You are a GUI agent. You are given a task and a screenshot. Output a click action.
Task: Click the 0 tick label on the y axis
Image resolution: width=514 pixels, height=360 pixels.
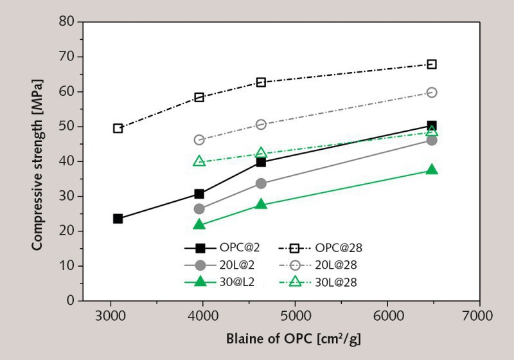(71, 300)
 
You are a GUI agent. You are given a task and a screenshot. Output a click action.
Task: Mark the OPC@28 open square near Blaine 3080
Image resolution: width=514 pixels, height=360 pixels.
(118, 128)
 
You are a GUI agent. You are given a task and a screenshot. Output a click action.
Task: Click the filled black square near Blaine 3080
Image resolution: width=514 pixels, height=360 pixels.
(118, 219)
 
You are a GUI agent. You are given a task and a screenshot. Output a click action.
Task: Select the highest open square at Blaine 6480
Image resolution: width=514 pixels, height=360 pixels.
(432, 64)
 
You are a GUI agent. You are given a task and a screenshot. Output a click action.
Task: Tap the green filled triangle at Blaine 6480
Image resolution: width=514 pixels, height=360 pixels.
(432, 170)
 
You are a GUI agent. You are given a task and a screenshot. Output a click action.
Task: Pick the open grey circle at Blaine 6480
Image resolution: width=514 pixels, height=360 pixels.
(432, 93)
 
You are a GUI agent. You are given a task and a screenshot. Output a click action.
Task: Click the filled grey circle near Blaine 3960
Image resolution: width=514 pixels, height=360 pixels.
(199, 209)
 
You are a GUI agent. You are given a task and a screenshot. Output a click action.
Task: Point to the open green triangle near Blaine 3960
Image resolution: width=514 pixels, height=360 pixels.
(199, 161)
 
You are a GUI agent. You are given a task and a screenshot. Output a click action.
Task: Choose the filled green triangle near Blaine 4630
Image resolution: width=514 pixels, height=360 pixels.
(261, 204)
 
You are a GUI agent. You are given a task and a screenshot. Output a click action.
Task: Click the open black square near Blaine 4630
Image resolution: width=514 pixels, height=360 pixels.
(261, 82)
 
